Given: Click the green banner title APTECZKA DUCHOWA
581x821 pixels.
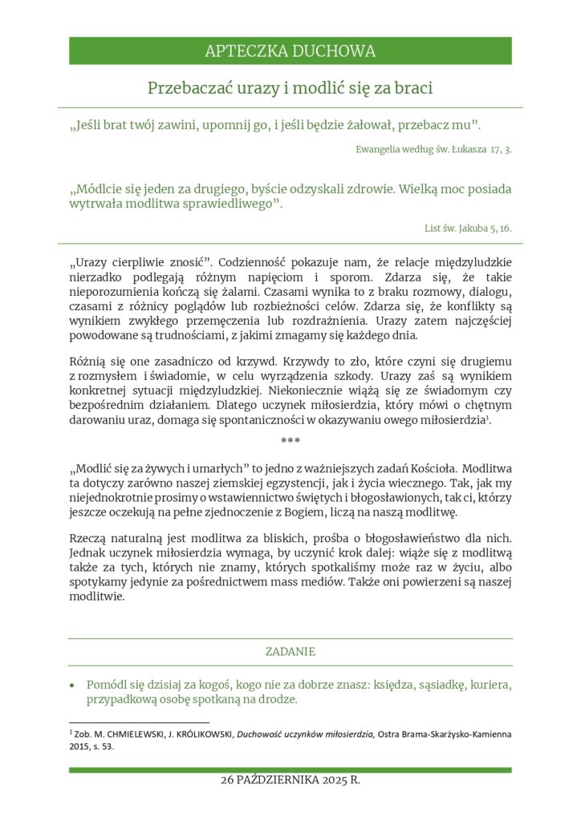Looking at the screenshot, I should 290,51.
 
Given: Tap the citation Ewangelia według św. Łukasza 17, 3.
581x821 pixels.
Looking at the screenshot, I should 433,149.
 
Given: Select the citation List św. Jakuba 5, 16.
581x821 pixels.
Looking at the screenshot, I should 468,229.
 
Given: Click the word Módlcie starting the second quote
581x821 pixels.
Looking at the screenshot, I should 101,190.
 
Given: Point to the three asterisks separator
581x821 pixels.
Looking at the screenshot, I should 290,441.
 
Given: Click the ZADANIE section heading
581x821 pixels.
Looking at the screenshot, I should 290,652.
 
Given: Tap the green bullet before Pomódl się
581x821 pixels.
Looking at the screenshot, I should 73,686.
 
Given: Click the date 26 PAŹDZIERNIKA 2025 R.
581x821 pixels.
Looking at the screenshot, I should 290,780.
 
